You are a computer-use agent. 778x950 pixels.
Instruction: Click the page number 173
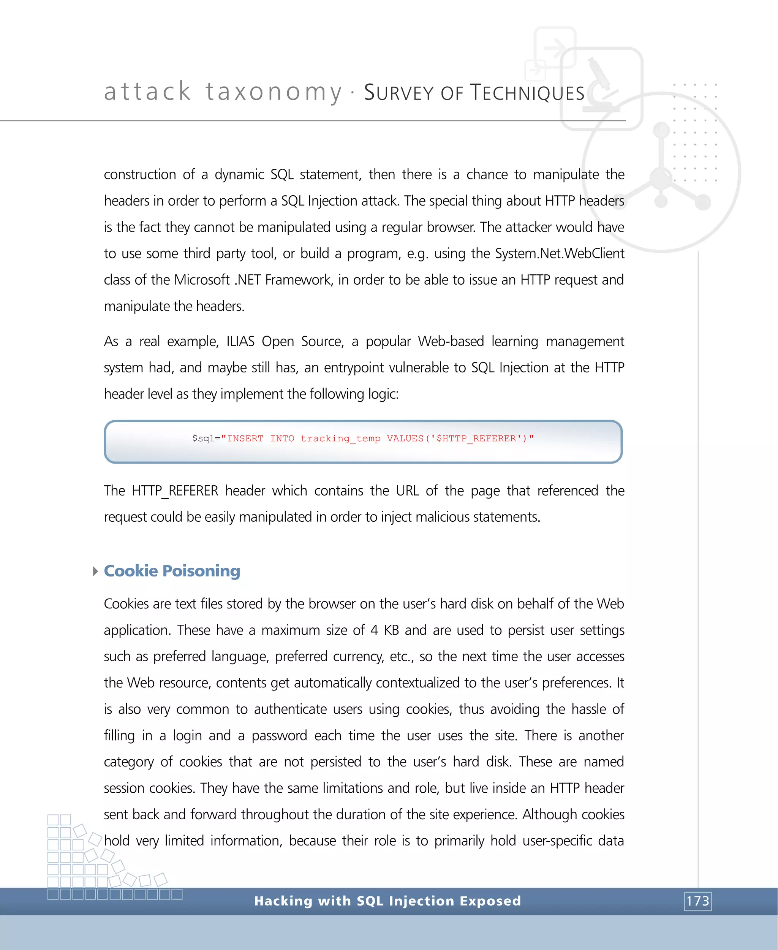(x=698, y=901)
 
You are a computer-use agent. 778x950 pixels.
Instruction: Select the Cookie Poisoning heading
(x=172, y=571)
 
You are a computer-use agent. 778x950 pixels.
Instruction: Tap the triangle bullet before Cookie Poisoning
(x=95, y=571)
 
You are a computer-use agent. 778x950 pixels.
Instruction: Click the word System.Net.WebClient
(x=559, y=253)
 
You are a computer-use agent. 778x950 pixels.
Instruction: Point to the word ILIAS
(x=240, y=341)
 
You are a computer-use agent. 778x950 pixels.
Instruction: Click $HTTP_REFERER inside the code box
(x=476, y=438)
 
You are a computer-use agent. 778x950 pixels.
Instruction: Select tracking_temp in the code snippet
(x=340, y=438)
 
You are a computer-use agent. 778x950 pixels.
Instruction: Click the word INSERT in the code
(x=245, y=438)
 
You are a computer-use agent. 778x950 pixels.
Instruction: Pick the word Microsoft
(x=202, y=280)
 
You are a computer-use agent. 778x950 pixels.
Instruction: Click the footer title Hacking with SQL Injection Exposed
(x=387, y=901)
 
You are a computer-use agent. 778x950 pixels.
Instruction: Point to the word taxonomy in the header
(x=274, y=92)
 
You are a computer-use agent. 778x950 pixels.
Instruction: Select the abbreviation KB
(x=391, y=630)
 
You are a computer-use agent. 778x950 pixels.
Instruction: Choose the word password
(x=279, y=735)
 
